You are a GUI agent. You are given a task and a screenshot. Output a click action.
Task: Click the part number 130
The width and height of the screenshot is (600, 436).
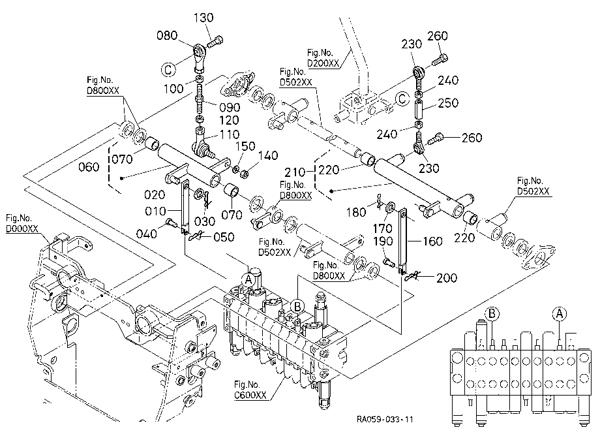(x=203, y=18)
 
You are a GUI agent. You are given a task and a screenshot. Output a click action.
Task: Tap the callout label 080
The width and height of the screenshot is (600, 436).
(x=167, y=36)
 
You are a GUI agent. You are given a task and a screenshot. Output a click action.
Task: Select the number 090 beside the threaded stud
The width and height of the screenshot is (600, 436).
(x=230, y=107)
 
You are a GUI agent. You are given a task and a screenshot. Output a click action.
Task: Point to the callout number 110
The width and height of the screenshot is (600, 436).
(x=229, y=134)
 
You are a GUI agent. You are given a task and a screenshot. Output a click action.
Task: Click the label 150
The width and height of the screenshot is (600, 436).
(x=245, y=146)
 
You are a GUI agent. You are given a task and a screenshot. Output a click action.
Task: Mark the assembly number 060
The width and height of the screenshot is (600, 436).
(x=89, y=167)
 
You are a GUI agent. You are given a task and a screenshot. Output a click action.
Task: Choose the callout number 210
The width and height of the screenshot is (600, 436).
(x=295, y=172)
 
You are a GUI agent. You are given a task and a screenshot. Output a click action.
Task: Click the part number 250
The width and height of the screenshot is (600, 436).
(x=447, y=103)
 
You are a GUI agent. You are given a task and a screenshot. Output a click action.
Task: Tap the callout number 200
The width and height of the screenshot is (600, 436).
(x=447, y=278)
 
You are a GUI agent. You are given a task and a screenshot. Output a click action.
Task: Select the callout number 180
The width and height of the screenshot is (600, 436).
(x=356, y=212)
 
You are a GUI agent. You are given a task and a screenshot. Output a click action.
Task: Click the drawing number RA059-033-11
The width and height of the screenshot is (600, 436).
(x=385, y=419)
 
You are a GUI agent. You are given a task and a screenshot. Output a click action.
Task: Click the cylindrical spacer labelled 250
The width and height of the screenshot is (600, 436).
(x=419, y=110)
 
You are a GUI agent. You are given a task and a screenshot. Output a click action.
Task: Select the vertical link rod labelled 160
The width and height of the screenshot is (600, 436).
(x=402, y=241)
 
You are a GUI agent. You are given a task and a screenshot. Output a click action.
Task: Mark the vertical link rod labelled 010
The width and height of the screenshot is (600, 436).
(x=185, y=206)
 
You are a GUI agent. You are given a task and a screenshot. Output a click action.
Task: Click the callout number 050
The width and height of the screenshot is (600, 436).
(x=224, y=237)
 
